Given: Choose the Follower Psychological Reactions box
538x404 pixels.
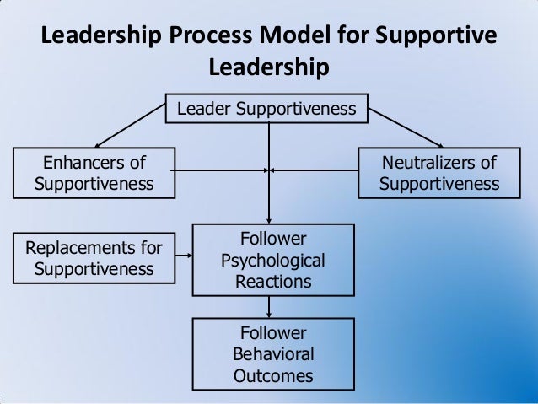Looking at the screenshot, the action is [272, 259].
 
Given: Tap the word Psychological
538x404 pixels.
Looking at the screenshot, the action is [272, 260].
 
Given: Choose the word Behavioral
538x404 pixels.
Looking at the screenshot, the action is [272, 353].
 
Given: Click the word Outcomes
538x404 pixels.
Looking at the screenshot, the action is [272, 375].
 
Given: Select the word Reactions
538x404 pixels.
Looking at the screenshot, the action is [272, 281].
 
